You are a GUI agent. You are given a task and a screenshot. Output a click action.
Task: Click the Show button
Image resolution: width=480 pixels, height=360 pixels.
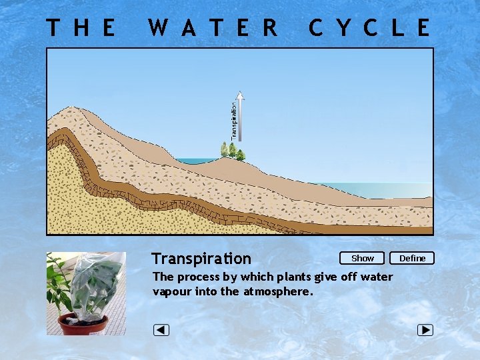click(362, 258)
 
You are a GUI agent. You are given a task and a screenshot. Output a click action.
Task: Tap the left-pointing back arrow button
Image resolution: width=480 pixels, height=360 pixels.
click(161, 330)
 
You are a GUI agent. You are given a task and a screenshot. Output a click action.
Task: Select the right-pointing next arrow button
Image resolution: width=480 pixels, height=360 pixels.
click(425, 330)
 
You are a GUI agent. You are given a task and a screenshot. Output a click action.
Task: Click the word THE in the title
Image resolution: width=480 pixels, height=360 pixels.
click(81, 28)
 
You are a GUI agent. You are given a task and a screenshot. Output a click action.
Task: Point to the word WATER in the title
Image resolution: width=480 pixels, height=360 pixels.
click(213, 28)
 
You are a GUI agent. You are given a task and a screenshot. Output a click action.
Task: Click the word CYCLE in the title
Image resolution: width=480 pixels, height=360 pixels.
click(369, 28)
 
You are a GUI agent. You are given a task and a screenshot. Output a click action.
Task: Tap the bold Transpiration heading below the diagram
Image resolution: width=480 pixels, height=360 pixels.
click(201, 259)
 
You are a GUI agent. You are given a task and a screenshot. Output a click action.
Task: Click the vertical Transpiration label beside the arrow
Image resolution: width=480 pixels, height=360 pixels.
click(234, 120)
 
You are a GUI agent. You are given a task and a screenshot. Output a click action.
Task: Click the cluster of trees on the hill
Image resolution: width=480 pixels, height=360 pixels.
click(233, 151)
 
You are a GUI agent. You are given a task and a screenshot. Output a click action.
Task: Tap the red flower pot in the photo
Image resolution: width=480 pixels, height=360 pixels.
click(83, 324)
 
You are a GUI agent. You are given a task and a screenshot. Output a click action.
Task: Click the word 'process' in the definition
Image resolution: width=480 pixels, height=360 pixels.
click(197, 277)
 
